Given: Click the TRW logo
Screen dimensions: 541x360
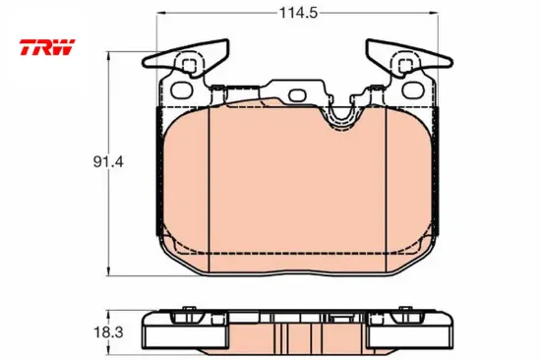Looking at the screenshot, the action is click(47, 47).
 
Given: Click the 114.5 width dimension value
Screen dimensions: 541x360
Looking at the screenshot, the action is click(298, 13).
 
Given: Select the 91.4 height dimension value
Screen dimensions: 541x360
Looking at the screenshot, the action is click(108, 161).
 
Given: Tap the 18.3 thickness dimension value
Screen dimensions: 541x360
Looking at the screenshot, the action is click(108, 332).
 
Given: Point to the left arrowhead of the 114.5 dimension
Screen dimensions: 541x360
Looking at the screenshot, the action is click(161, 13).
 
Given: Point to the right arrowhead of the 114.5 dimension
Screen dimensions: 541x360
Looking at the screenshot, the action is click(434, 13).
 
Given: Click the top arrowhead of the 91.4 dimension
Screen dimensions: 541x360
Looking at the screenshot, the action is click(109, 56).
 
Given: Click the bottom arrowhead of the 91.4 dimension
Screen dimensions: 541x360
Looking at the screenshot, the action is click(109, 271).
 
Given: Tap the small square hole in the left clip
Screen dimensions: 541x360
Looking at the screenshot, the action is click(189, 65).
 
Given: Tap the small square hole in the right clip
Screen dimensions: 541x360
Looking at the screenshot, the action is click(405, 65).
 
